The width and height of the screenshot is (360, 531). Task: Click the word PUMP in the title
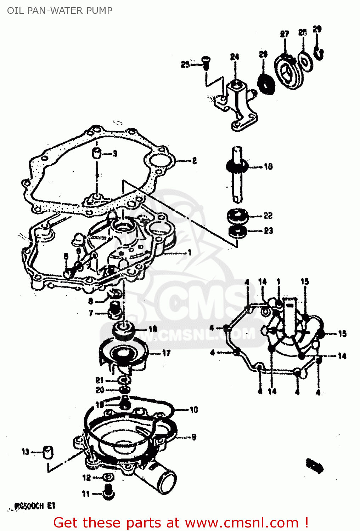(101, 11)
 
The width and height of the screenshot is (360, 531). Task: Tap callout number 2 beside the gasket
(194, 161)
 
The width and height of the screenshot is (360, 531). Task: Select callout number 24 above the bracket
(235, 57)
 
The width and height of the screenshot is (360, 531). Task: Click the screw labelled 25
(206, 62)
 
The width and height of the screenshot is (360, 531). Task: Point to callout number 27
(285, 34)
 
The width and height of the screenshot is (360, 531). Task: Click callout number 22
(268, 216)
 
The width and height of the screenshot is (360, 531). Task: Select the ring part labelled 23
(237, 232)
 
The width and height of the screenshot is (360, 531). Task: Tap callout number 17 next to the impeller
(166, 353)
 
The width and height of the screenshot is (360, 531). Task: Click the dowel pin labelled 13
(48, 452)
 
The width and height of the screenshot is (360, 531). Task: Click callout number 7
(91, 313)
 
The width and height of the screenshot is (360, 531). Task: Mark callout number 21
(100, 380)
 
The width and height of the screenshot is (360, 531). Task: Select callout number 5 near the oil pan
(66, 256)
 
